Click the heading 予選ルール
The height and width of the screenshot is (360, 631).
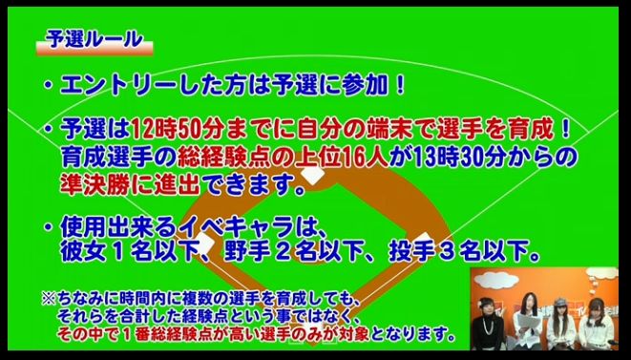95,40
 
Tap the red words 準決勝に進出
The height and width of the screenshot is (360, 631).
131,185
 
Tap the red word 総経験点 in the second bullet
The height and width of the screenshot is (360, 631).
223,158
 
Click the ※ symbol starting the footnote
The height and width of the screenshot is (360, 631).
48,299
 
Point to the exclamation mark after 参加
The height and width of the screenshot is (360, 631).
400,85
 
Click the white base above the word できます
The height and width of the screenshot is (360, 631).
313,176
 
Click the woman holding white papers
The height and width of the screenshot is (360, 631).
527,321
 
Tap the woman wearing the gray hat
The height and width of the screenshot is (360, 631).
561,323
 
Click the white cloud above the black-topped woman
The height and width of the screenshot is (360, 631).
496,280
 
